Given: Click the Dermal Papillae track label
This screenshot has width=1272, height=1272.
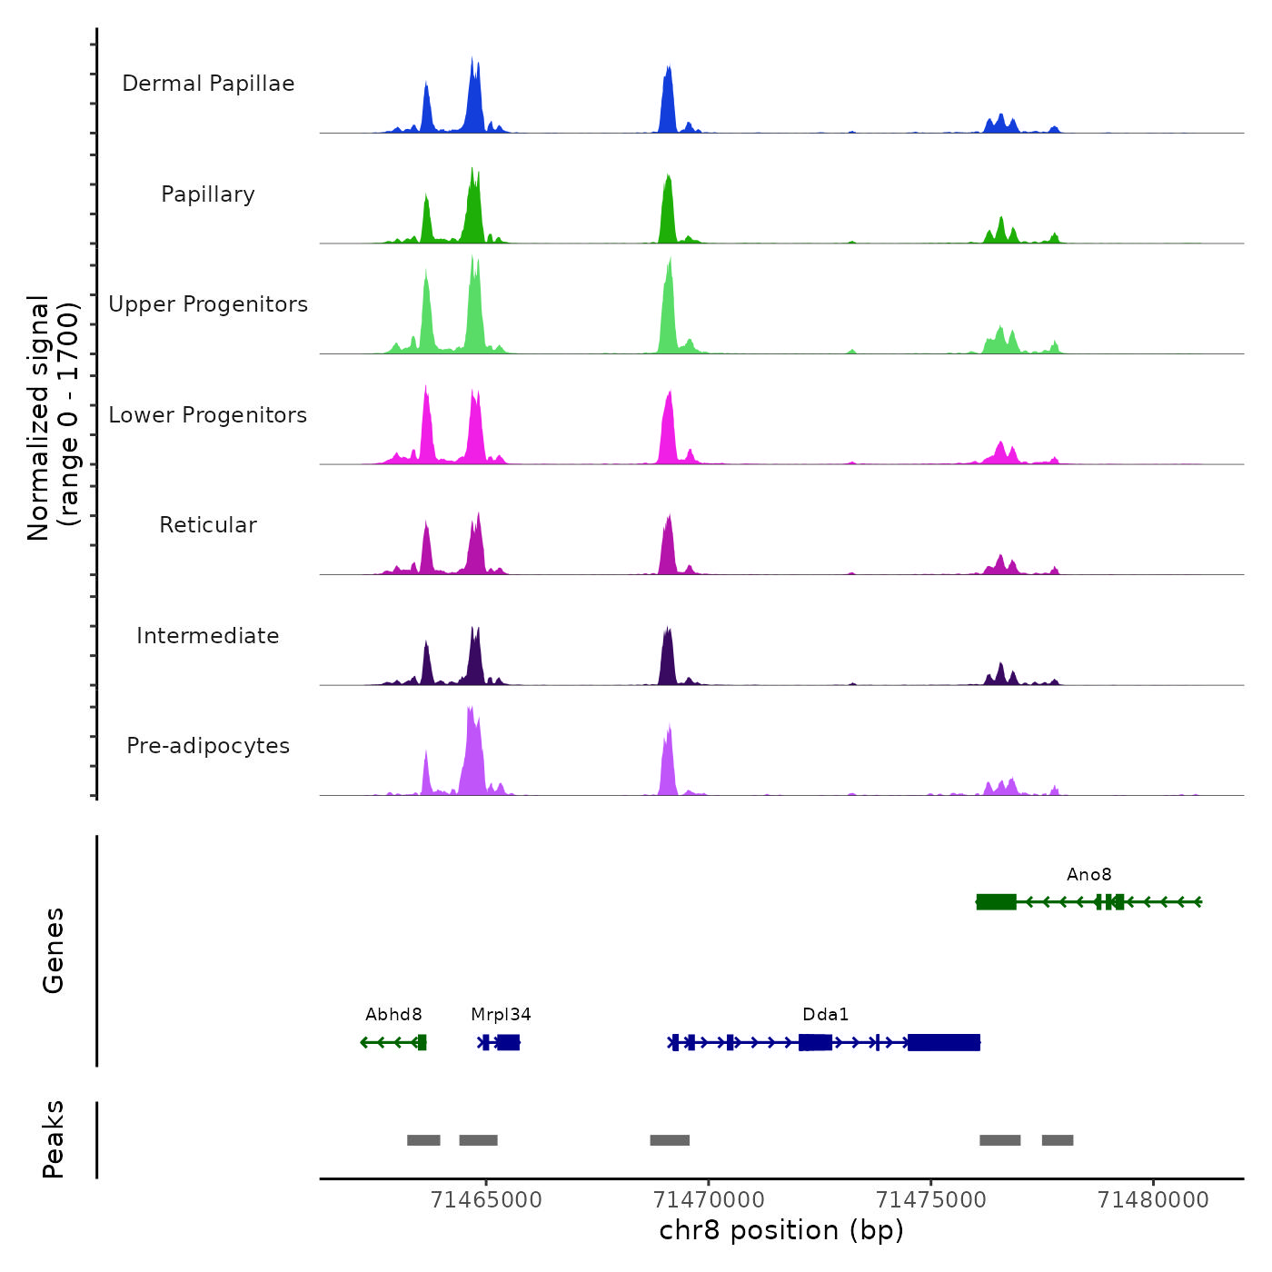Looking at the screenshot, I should tap(208, 84).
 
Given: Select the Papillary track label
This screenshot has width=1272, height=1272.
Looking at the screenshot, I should tap(208, 194).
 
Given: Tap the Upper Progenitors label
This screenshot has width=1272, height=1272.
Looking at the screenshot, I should tap(208, 304).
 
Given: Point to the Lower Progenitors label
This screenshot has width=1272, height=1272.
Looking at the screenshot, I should tap(208, 415).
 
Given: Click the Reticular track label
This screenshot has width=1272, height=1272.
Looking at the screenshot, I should tap(208, 525).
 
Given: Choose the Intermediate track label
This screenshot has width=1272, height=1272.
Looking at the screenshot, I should tap(208, 636).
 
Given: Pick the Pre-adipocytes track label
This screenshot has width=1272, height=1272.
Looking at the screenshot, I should tap(208, 746).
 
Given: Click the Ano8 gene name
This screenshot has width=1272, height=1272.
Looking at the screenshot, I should tap(1088, 875).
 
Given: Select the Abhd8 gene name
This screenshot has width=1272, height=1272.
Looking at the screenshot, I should tap(393, 1015).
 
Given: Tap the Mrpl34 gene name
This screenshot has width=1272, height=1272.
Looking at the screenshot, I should tap(501, 1015).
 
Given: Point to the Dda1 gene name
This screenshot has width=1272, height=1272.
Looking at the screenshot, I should tap(825, 1015).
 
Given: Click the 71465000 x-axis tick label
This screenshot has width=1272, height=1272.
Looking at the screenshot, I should tap(486, 1199).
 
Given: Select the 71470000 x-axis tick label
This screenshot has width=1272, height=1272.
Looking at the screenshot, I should tap(709, 1199).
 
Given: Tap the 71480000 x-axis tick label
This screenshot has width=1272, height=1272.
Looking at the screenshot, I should tap(1153, 1199).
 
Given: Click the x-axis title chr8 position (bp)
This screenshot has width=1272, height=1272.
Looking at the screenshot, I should tap(781, 1230).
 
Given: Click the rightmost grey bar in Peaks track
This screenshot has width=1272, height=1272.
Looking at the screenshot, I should tap(1058, 1140).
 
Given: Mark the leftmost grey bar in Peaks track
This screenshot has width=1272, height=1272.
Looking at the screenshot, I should tap(423, 1140).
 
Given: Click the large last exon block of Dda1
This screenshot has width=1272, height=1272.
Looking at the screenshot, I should tap(944, 1042).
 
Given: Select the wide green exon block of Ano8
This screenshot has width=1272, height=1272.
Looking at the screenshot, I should tap(997, 901).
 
